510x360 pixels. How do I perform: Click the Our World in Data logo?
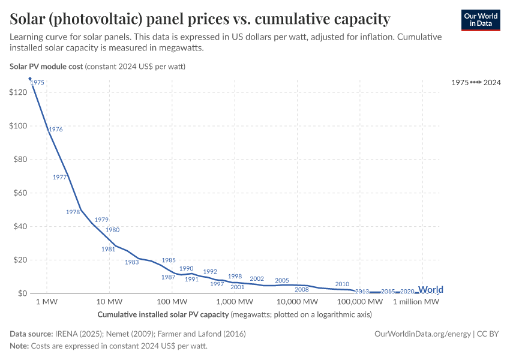(x=481, y=20)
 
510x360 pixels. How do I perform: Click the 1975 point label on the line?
(x=37, y=82)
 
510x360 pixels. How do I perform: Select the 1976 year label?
(x=55, y=129)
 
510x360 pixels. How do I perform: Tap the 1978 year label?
(x=73, y=212)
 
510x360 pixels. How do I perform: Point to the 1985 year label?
(x=169, y=260)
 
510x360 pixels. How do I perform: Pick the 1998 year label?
(x=235, y=277)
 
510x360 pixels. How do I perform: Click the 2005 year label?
(x=282, y=280)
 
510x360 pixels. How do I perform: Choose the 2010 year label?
(x=342, y=284)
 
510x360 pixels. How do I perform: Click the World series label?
(x=430, y=290)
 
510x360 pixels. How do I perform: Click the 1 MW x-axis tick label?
(x=46, y=302)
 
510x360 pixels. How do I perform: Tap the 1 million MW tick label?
(x=416, y=302)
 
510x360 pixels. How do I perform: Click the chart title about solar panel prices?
(x=200, y=19)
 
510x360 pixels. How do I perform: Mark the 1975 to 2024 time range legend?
(x=476, y=83)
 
